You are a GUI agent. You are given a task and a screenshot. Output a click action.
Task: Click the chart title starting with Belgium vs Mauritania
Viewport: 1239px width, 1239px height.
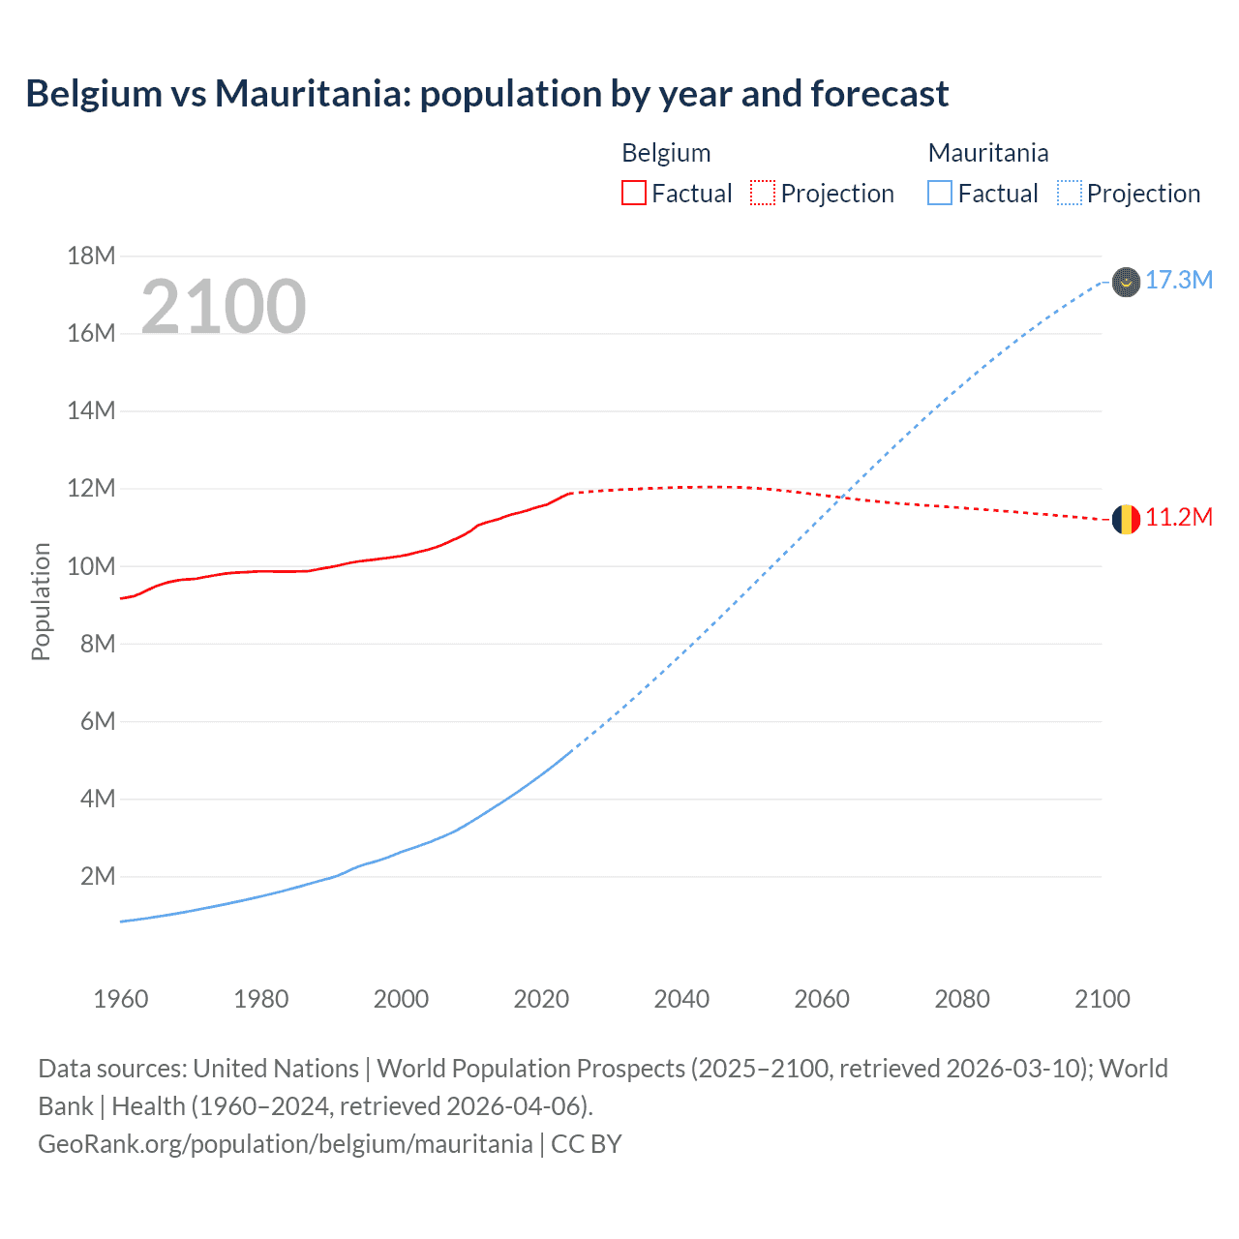pos(487,94)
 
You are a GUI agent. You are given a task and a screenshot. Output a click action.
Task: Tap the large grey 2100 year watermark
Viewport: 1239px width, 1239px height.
pos(224,307)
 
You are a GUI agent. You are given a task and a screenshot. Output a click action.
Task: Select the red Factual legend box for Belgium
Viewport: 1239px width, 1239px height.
pos(633,194)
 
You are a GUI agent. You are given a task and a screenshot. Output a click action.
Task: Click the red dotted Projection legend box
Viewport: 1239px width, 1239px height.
pos(763,194)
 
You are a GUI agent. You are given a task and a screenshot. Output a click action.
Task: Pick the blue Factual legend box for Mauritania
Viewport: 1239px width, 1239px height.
pos(939,194)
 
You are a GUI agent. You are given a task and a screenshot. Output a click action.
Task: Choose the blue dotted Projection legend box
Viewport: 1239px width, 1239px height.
pos(1069,194)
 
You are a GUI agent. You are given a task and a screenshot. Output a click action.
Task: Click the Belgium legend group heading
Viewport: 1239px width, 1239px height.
pos(666,153)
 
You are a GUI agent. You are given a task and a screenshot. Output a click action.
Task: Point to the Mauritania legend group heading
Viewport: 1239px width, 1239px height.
pos(987,153)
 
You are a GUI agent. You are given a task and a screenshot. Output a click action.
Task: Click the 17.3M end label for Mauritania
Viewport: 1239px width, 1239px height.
pos(1178,281)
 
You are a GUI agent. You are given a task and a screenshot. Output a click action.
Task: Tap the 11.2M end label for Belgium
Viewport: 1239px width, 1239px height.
pos(1178,518)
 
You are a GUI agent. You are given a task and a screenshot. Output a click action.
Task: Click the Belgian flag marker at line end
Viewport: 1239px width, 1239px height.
pos(1125,520)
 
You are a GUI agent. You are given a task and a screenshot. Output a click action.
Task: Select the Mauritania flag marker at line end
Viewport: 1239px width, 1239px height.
pos(1125,282)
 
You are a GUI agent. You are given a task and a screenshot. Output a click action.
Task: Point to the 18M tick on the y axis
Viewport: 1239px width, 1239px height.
pos(91,256)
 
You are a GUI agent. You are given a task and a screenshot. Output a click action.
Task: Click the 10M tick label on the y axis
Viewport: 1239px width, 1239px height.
pos(91,566)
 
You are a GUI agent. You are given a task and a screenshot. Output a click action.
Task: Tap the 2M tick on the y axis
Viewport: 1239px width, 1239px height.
pos(97,877)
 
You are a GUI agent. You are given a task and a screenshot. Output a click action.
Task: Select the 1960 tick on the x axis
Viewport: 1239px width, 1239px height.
pos(121,999)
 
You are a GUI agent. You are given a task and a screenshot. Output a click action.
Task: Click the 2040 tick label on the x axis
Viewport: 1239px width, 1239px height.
pos(681,999)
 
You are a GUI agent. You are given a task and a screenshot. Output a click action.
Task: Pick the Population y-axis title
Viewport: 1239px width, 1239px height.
pos(41,601)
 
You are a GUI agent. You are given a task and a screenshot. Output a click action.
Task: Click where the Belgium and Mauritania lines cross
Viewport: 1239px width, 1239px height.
pos(843,498)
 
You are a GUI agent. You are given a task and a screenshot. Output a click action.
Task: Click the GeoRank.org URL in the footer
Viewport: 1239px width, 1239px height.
pos(285,1144)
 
